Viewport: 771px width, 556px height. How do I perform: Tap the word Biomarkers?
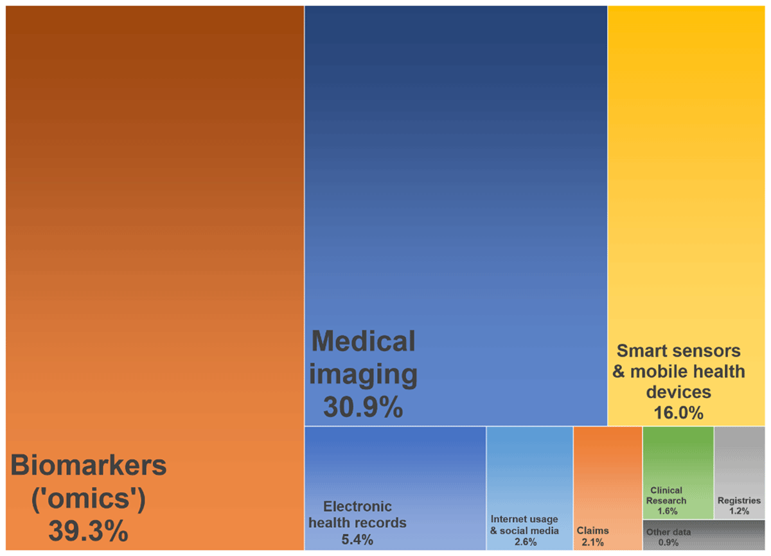click(x=89, y=465)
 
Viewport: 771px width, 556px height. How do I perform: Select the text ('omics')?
click(x=89, y=498)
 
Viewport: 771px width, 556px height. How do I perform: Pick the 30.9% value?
click(x=363, y=407)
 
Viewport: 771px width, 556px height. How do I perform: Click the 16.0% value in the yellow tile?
click(x=678, y=412)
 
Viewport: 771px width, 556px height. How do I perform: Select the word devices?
click(x=678, y=392)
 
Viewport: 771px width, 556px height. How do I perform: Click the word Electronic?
click(x=357, y=506)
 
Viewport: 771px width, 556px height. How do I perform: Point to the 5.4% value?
click(x=357, y=539)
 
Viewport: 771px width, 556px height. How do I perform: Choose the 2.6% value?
click(x=525, y=542)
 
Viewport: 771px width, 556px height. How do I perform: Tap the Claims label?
click(x=592, y=530)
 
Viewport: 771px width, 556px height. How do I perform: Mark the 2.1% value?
click(x=592, y=542)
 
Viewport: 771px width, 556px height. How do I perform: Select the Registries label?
click(x=739, y=500)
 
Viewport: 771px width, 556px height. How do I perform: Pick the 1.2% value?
click(x=739, y=511)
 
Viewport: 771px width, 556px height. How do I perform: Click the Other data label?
click(x=668, y=532)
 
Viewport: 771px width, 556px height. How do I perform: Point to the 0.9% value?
click(x=668, y=543)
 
